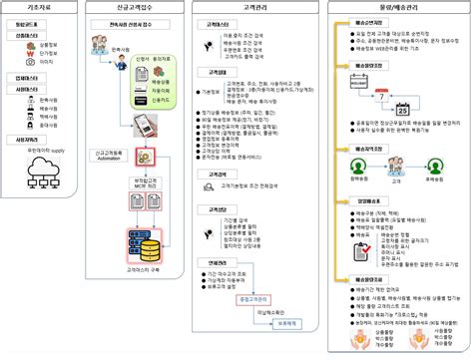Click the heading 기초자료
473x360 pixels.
coord(27,7)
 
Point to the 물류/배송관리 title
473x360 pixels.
coord(398,7)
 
